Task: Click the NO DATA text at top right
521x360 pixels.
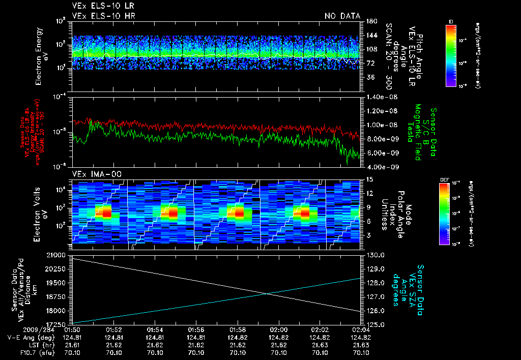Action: click(x=342, y=16)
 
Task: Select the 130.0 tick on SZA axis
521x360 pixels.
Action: click(x=374, y=254)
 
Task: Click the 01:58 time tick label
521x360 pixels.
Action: click(x=238, y=329)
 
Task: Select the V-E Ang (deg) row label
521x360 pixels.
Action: click(x=27, y=337)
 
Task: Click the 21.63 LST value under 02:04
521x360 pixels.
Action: click(x=361, y=344)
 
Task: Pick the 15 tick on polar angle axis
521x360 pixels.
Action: click(x=368, y=179)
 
